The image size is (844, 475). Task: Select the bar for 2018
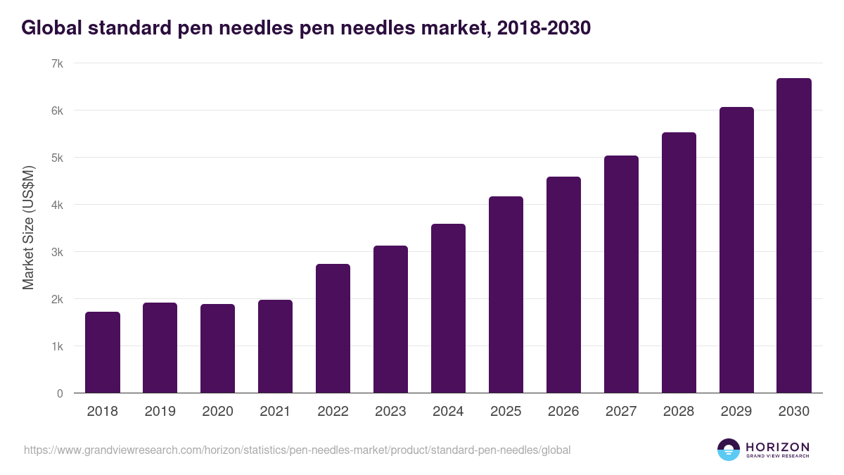[x=103, y=353]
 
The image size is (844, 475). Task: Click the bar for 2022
[x=333, y=329]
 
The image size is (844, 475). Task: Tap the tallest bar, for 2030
[x=794, y=236]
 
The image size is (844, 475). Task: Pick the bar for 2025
[x=506, y=295]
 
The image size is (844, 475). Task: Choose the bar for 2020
[x=217, y=348]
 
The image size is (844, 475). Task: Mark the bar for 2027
[x=621, y=274]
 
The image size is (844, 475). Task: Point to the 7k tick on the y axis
[x=57, y=63]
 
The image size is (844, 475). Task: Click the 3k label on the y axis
[x=57, y=252]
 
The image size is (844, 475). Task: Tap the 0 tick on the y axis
[x=60, y=393]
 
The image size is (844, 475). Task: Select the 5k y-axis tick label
[x=57, y=158]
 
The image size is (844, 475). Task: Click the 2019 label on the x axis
[x=160, y=412]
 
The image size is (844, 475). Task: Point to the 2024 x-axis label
[x=448, y=412]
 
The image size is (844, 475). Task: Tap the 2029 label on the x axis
[x=736, y=412]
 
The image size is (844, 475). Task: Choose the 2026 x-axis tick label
[x=563, y=412]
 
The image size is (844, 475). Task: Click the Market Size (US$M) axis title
[x=28, y=228]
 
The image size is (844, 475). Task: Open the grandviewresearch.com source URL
[x=297, y=450]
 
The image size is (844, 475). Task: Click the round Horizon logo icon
[x=729, y=450]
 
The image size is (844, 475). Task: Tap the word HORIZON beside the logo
[x=777, y=447]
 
